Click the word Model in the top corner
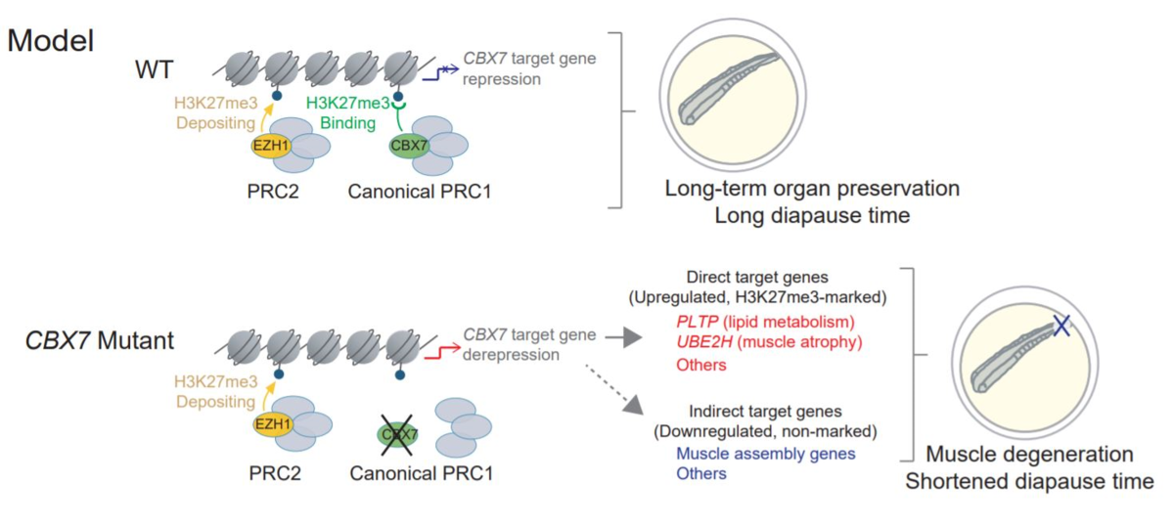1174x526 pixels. (50, 41)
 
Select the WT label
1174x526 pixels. (155, 69)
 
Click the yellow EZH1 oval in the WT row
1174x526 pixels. (271, 145)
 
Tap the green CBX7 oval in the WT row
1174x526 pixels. (409, 145)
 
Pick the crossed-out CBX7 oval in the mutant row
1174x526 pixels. (398, 435)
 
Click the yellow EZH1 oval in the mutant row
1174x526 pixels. (273, 423)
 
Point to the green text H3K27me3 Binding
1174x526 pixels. (348, 112)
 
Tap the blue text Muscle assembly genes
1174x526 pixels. (766, 454)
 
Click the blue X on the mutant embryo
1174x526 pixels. (1061, 326)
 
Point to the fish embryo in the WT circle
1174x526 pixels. (729, 88)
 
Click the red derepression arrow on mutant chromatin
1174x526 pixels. (443, 352)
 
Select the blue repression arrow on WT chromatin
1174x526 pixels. (441, 73)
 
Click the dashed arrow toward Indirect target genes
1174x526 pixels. (614, 389)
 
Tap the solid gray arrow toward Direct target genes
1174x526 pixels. (624, 337)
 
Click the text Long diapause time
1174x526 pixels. (812, 215)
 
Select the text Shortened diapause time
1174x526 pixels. (1029, 481)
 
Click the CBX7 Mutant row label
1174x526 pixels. (100, 340)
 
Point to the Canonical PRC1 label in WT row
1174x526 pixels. (420, 192)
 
